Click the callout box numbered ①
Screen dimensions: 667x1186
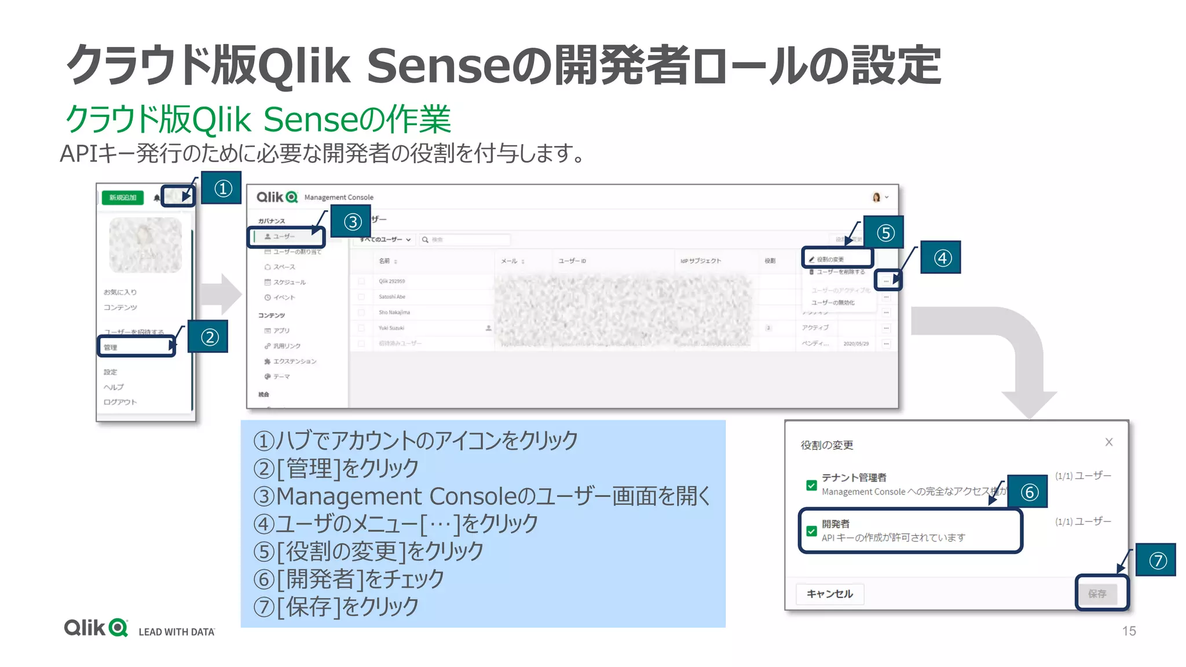coord(222,188)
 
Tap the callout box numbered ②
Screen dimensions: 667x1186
coord(208,337)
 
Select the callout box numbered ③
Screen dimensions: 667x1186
coord(352,222)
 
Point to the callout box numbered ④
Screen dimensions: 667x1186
coord(942,258)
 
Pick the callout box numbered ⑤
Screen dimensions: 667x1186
coord(884,233)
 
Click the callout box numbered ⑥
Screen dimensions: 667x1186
coord(1028,492)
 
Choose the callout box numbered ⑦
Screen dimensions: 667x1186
coord(1156,560)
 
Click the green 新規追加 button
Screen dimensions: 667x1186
coord(123,197)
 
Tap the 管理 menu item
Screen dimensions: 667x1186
coord(111,347)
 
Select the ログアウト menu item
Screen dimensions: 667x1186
coord(120,402)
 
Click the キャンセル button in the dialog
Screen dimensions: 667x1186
coord(829,594)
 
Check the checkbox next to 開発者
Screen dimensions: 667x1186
coord(811,530)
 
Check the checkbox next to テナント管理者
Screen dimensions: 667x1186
coord(811,485)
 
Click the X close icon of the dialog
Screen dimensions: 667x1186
coord(1108,442)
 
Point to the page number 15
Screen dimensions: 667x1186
coord(1129,631)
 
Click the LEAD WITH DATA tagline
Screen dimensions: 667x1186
coord(177,632)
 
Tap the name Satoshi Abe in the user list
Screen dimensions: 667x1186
coord(392,297)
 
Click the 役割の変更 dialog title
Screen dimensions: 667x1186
coord(826,445)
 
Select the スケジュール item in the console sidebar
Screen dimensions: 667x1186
coord(289,283)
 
